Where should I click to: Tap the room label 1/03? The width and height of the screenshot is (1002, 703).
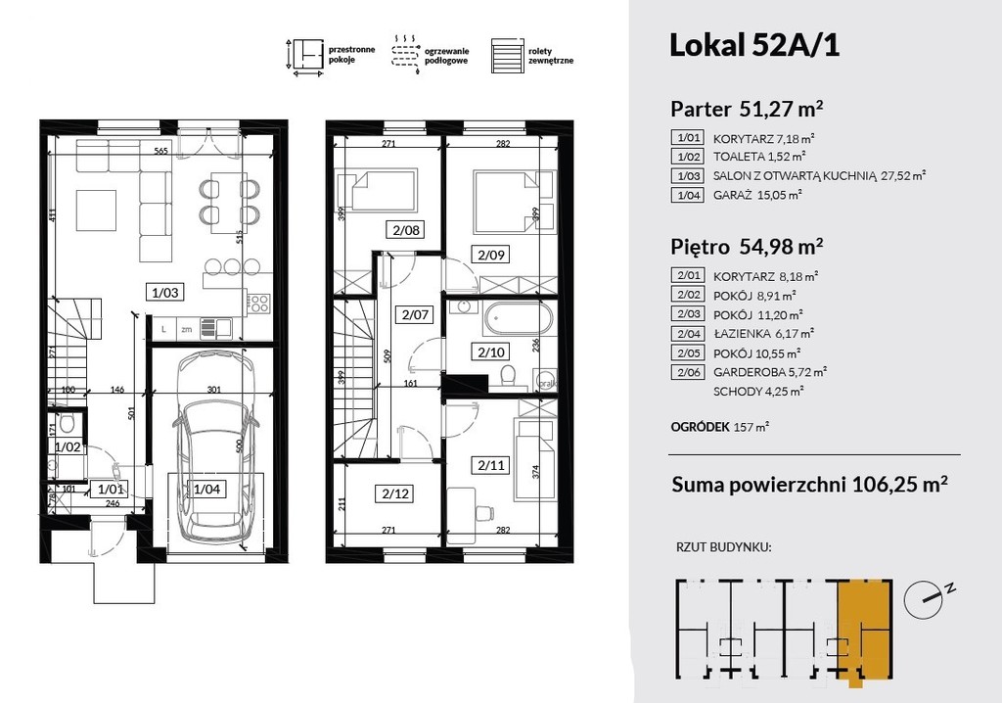tap(164, 293)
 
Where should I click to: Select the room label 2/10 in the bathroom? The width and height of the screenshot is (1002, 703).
tap(491, 351)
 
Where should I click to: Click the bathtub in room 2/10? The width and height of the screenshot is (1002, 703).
tap(517, 318)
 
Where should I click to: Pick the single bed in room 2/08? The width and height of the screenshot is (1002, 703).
tap(377, 189)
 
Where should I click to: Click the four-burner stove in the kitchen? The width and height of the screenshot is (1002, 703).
tap(258, 302)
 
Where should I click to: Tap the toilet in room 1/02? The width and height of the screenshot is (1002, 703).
tap(66, 423)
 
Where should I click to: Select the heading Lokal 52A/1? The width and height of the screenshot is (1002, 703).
tap(754, 45)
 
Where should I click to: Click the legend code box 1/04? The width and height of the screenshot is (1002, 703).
tap(687, 195)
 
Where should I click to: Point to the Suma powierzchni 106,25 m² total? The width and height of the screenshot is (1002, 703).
tap(809, 485)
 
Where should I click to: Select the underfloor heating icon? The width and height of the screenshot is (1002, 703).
tap(405, 55)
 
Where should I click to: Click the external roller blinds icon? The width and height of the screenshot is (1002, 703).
tap(507, 56)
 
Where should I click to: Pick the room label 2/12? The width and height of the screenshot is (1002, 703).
tap(395, 493)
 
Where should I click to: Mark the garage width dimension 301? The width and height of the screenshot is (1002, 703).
tap(213, 390)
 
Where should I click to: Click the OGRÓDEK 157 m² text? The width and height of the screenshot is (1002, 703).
tap(719, 426)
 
